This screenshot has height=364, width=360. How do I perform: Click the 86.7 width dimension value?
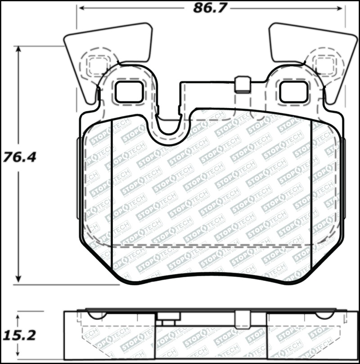tap(210, 8)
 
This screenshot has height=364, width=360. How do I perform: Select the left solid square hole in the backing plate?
tap(129, 91)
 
